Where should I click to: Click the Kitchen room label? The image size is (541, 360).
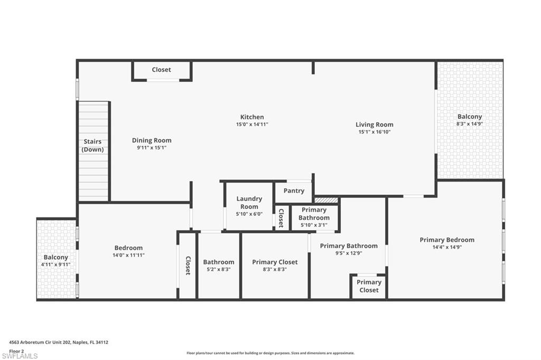[252, 117]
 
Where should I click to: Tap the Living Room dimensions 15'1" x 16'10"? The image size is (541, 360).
[374, 132]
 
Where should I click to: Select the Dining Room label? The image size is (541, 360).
[152, 140]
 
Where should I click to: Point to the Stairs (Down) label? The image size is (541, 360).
[92, 146]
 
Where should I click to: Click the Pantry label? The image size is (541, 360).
[294, 191]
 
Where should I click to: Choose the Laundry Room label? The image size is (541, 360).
[249, 203]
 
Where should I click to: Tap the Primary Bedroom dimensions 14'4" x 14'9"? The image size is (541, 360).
[447, 247]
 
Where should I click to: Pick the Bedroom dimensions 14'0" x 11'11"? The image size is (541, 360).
[128, 255]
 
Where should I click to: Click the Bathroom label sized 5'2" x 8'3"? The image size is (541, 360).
[219, 262]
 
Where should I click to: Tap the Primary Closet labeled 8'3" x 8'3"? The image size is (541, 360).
[275, 262]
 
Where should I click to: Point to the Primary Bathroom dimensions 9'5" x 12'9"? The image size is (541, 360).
[349, 253]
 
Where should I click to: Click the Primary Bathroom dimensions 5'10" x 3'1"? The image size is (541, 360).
[314, 225]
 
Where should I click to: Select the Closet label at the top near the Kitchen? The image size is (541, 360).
[161, 70]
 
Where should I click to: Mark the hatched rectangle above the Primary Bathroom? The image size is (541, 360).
[326, 200]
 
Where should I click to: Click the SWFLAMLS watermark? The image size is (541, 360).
[20, 356]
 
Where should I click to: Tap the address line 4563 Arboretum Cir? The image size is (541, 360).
[59, 342]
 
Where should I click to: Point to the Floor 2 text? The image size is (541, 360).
[17, 350]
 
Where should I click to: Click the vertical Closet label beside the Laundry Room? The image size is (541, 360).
[281, 217]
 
